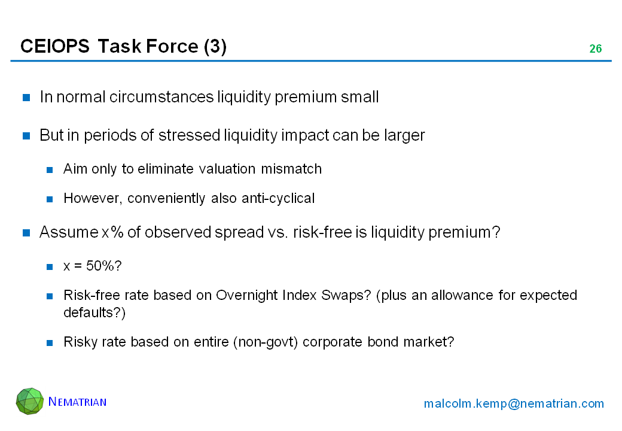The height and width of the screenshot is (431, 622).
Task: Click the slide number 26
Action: tap(596, 49)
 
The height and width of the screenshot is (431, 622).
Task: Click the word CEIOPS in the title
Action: tap(55, 47)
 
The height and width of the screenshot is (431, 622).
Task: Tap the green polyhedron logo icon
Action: tap(30, 401)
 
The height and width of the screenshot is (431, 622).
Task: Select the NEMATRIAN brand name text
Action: tap(77, 402)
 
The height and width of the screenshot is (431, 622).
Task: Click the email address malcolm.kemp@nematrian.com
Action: tap(514, 403)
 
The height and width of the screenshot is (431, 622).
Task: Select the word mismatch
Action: tap(291, 169)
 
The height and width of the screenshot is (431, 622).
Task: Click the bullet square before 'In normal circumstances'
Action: tap(26, 97)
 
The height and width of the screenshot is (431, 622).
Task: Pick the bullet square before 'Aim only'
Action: tap(50, 170)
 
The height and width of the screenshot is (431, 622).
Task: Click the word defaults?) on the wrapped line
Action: tap(94, 312)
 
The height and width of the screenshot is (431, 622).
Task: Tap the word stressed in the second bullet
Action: tap(189, 135)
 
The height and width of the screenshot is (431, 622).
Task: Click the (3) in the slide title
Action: tap(215, 47)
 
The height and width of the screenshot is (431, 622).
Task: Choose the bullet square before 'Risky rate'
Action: tap(50, 343)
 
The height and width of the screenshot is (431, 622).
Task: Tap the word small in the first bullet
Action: tap(360, 97)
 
